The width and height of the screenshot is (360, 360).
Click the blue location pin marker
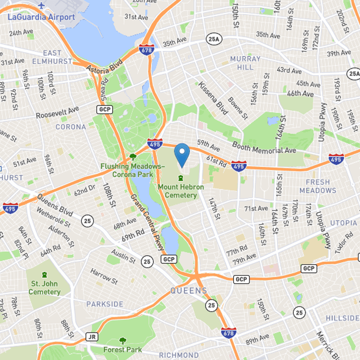[181, 154]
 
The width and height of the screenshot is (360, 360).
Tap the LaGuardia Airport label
[41, 17]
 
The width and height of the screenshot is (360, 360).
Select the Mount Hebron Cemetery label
[180, 191]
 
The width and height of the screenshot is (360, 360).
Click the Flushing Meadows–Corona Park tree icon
[133, 157]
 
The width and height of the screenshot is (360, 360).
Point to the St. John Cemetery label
[45, 288]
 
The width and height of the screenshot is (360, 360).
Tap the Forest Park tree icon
[122, 341]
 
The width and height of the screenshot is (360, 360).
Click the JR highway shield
[92, 337]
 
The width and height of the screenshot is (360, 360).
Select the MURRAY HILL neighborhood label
[245, 63]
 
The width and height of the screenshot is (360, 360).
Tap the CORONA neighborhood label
[71, 127]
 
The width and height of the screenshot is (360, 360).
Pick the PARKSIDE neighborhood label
[104, 304]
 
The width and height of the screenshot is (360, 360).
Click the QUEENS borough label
[189, 291]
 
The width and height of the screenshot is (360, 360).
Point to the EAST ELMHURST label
[51, 57]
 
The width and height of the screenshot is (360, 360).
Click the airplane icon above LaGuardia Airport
[42, 6]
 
